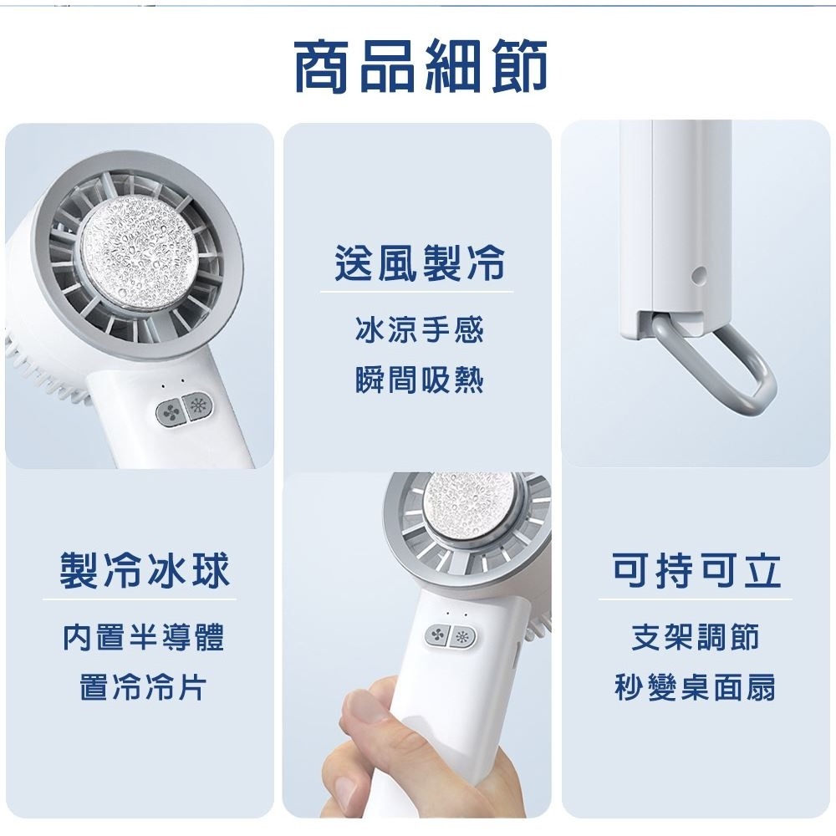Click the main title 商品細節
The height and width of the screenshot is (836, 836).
[421, 65]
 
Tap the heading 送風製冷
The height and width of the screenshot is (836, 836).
[420, 263]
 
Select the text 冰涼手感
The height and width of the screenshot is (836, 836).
[420, 329]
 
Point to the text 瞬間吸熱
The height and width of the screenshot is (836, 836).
[420, 380]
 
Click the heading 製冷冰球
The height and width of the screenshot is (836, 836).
[145, 570]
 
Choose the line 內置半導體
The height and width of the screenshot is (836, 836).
[144, 638]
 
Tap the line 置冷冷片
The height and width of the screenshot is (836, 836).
[144, 687]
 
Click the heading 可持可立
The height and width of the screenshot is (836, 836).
[696, 570]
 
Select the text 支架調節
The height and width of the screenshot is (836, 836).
[696, 638]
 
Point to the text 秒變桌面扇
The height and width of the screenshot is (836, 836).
[696, 687]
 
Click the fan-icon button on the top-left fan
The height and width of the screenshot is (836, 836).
[171, 413]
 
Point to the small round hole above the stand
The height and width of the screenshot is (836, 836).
[698, 275]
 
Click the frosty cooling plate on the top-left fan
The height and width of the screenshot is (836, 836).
[139, 249]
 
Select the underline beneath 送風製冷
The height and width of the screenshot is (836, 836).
[416, 292]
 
